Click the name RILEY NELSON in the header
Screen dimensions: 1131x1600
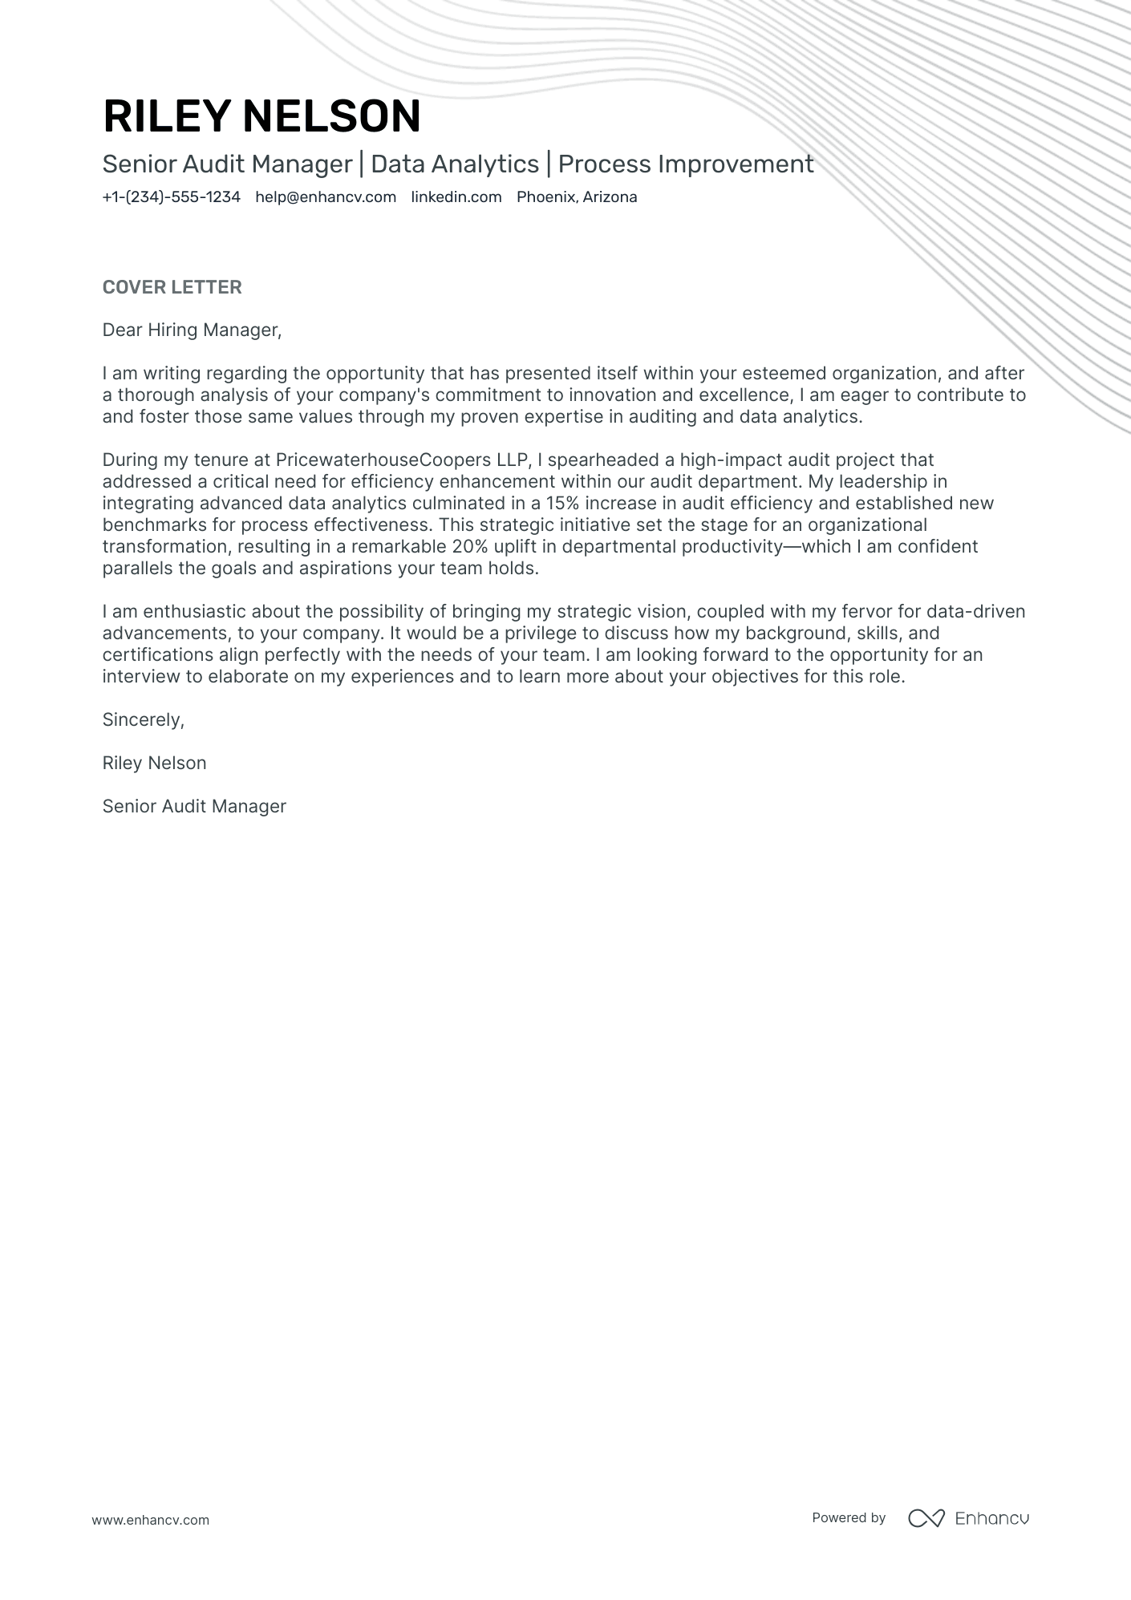click(261, 116)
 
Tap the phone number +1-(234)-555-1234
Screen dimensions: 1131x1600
click(171, 197)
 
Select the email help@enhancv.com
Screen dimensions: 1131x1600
click(326, 197)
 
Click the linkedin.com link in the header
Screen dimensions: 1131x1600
click(456, 197)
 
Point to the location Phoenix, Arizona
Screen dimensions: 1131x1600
click(577, 197)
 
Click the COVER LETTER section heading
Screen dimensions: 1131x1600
click(172, 287)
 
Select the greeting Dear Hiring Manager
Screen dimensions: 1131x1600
click(192, 330)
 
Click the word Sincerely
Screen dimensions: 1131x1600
click(143, 720)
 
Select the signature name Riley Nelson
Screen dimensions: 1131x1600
click(154, 764)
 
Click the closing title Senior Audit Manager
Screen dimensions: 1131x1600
click(194, 807)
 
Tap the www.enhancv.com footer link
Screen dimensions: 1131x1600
click(150, 1520)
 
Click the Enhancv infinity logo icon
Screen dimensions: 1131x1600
click(926, 1518)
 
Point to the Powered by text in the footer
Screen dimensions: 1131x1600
click(849, 1518)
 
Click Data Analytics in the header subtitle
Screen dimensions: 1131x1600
click(455, 164)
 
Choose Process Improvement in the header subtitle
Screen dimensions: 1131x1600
click(686, 164)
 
